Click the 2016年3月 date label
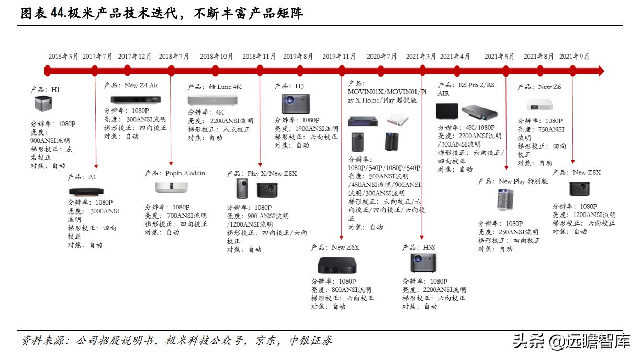63,57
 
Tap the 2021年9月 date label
574,57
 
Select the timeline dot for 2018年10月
216,71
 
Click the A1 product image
86,192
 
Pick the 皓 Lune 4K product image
208,100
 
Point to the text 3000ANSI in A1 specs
105,211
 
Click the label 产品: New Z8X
577,172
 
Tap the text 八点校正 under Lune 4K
237,129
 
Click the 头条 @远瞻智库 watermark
571,341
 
